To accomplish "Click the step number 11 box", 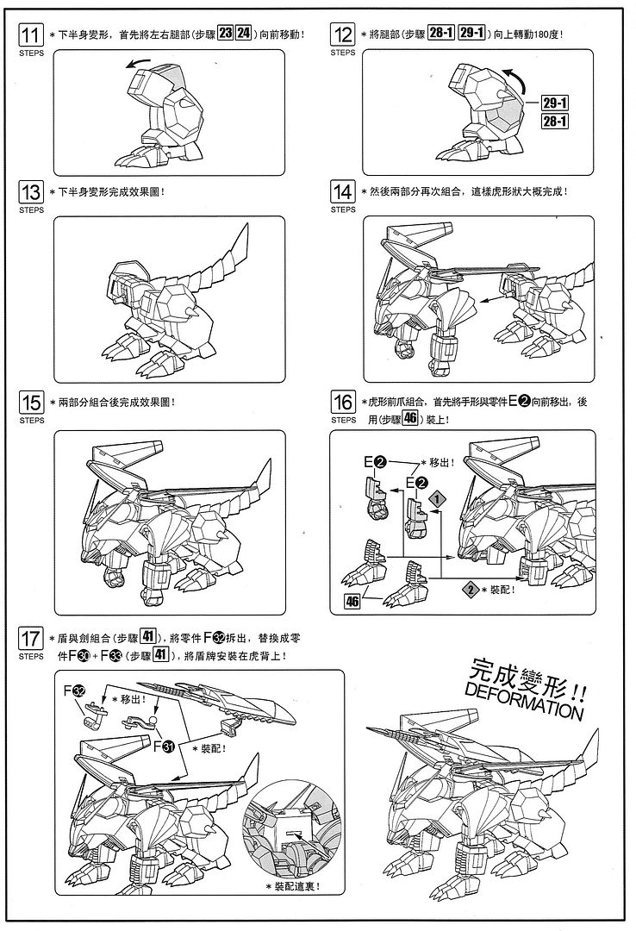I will [x=31, y=34].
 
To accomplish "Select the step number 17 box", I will [x=31, y=640].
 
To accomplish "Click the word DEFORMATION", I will [x=521, y=700].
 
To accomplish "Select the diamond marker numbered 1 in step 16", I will [x=438, y=498].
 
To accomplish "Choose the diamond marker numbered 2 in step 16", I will [x=470, y=589].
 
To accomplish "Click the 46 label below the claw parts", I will [x=352, y=602].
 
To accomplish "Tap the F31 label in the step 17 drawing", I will [x=163, y=747].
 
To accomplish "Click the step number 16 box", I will [x=342, y=403].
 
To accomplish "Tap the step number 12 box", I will [x=342, y=34].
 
